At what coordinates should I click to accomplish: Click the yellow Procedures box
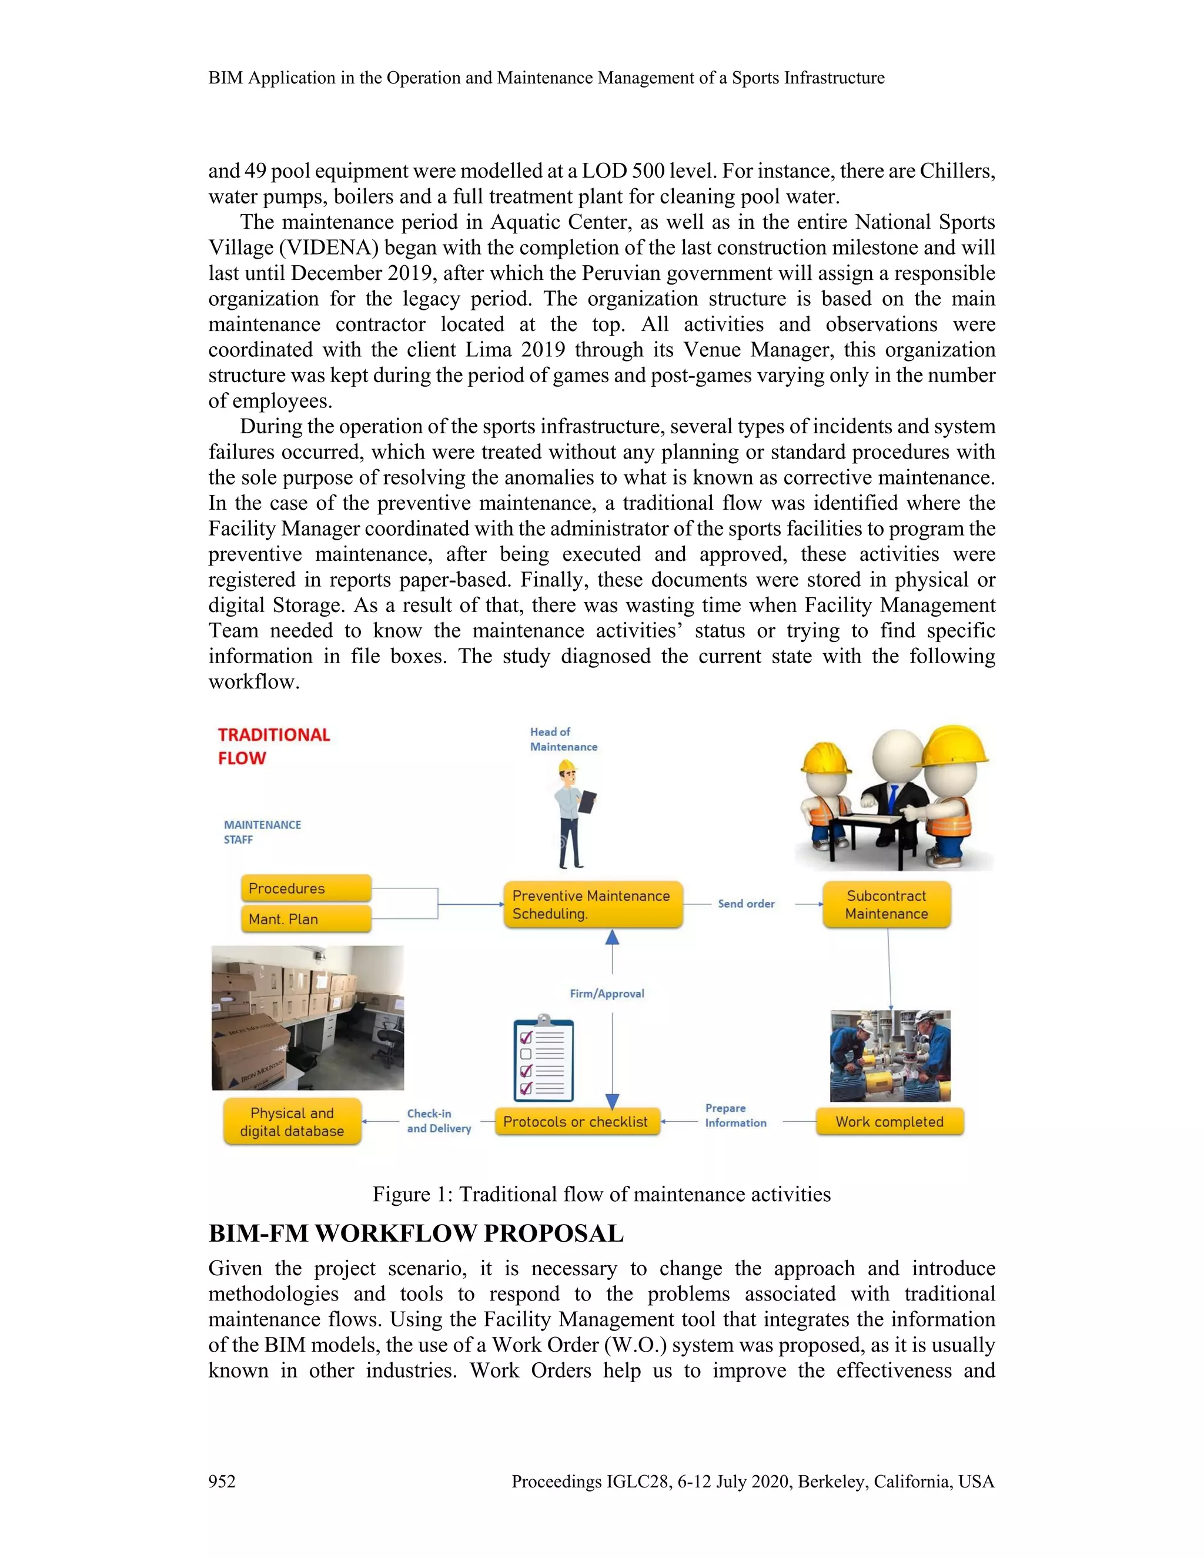[306, 888]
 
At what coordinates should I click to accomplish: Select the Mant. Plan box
[306, 919]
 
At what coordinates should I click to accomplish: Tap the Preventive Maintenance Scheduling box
[592, 905]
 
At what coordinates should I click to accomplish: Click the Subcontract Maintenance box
[886, 905]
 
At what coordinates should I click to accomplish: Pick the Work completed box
[889, 1121]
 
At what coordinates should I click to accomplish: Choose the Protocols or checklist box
[576, 1121]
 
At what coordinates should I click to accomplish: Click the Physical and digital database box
[292, 1121]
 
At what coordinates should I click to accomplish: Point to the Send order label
[745, 904]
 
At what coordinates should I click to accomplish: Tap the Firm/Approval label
[607, 993]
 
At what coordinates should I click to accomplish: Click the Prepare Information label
[735, 1115]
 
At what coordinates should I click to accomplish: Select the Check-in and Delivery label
[439, 1121]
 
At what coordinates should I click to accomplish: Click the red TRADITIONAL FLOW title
[273, 746]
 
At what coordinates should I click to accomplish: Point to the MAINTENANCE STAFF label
[262, 832]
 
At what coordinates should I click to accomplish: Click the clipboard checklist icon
[544, 1059]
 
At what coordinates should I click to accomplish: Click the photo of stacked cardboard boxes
[307, 1018]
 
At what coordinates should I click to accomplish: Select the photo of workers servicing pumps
[889, 1056]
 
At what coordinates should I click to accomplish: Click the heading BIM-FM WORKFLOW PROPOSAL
[416, 1233]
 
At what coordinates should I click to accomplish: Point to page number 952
[222, 1482]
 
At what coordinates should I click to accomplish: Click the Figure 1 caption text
[601, 1194]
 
